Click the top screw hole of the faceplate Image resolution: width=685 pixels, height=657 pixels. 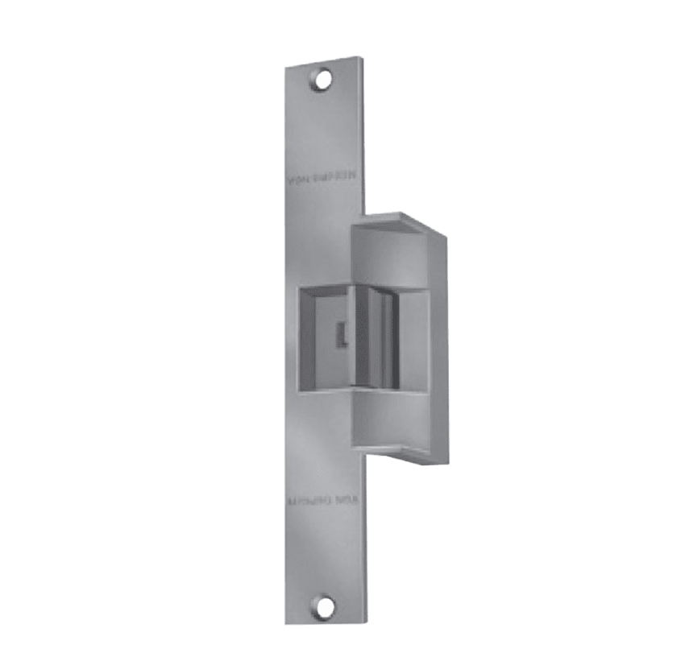click(323, 79)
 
